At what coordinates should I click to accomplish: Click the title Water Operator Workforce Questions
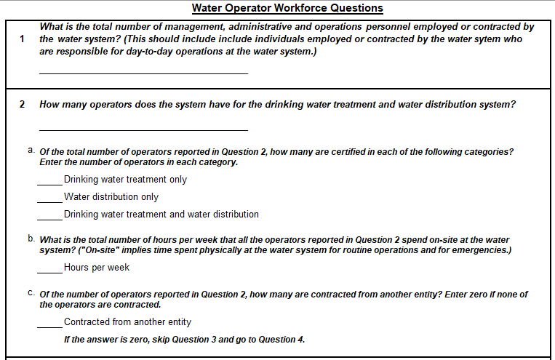(x=287, y=8)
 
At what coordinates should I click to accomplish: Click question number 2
(x=22, y=104)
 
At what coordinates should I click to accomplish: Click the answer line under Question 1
(x=143, y=71)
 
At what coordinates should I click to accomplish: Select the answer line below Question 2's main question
(x=143, y=129)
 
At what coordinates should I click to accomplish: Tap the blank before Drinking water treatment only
(x=50, y=182)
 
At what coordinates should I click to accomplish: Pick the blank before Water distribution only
(x=50, y=199)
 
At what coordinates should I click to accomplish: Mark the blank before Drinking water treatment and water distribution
(x=50, y=217)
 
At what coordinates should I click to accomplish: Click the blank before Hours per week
(x=50, y=270)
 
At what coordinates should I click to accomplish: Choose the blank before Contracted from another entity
(x=50, y=324)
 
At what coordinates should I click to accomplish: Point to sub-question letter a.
(x=31, y=151)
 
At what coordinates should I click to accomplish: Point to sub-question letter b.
(x=31, y=238)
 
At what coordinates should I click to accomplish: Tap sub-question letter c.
(x=31, y=293)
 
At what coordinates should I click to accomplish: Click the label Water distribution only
(x=111, y=197)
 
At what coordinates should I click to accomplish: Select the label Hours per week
(x=97, y=268)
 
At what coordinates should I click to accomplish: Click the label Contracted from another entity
(x=127, y=322)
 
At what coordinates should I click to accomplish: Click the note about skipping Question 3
(x=185, y=340)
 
